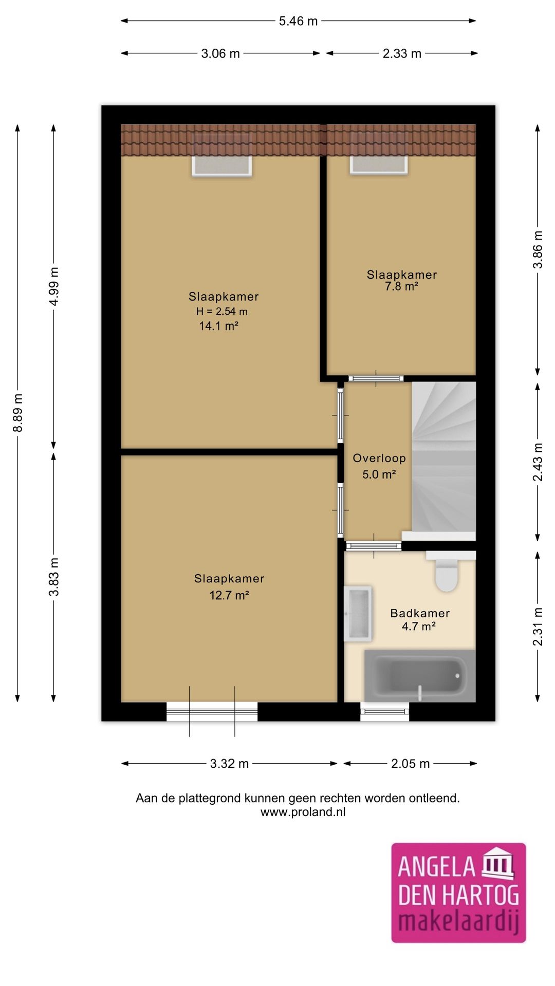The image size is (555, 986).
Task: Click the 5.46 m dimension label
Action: pyautogui.click(x=298, y=21)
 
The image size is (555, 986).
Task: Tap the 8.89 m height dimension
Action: pyautogui.click(x=18, y=413)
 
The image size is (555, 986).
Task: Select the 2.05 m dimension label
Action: pyautogui.click(x=410, y=764)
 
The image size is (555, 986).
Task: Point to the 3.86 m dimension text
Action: pyautogui.click(x=538, y=250)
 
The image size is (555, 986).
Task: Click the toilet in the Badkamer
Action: pyautogui.click(x=446, y=574)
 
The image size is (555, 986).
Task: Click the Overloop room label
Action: pyautogui.click(x=379, y=458)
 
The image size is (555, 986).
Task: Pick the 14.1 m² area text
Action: pyautogui.click(x=218, y=326)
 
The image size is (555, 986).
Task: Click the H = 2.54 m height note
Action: pyautogui.click(x=222, y=311)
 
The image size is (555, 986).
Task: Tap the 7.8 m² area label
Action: pyautogui.click(x=401, y=287)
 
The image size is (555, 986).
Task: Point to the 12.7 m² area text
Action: pyautogui.click(x=229, y=595)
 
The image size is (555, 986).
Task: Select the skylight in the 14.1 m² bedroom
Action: pyautogui.click(x=222, y=165)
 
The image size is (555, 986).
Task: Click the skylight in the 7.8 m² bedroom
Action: pyautogui.click(x=379, y=164)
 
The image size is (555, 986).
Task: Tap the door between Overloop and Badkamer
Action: pyautogui.click(x=374, y=546)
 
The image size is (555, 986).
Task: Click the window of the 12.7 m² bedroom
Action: pyautogui.click(x=212, y=711)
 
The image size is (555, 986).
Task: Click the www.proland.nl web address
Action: pyautogui.click(x=303, y=812)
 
